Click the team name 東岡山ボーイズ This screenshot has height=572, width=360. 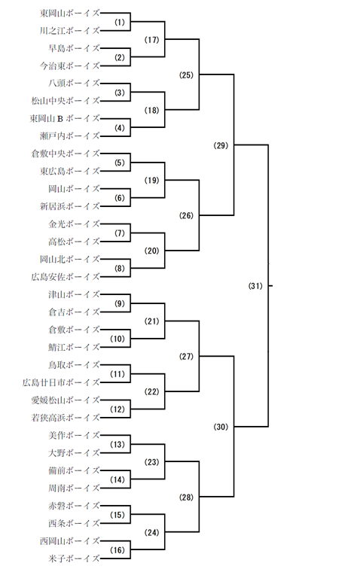[70, 14]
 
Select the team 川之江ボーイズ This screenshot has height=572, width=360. [70, 31]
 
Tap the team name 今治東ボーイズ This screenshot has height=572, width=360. [70, 66]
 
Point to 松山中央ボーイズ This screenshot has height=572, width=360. [66, 101]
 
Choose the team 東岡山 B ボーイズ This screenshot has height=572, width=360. [65, 119]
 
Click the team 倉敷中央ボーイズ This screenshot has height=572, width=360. [66, 154]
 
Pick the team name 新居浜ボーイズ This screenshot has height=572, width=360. [70, 206]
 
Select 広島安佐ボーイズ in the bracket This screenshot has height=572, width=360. [66, 277]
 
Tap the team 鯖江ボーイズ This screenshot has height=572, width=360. [74, 347]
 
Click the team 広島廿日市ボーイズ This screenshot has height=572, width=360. [61, 382]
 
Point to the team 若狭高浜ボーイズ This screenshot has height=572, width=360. [66, 418]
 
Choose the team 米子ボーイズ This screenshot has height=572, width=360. [74, 558]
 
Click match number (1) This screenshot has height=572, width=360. [120, 23]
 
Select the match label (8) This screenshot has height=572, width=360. [120, 269]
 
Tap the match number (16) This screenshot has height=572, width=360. [117, 549]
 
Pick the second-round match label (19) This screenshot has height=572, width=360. [152, 180]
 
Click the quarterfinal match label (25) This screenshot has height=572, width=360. [186, 75]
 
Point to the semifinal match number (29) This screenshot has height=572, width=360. [221, 145]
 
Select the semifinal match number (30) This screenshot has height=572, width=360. [221, 427]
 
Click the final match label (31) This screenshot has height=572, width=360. [255, 286]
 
